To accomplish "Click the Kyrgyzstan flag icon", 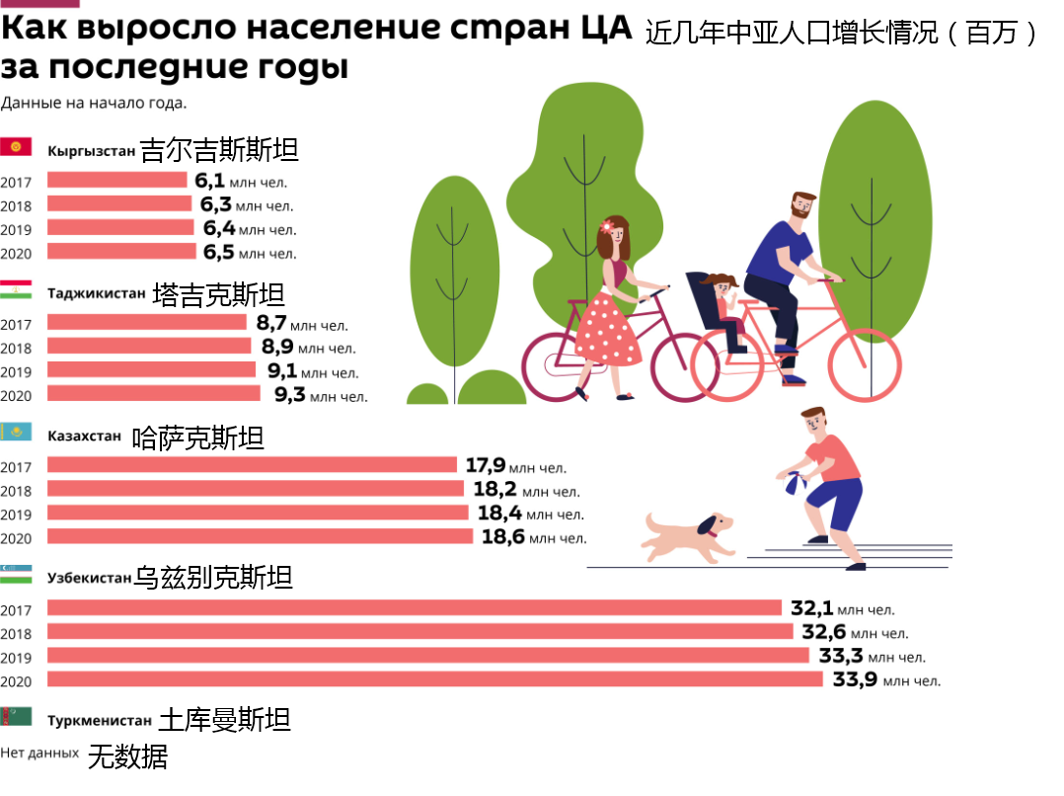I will point(16,147).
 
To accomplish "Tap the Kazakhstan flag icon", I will point(16,433).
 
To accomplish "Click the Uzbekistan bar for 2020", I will point(434,679).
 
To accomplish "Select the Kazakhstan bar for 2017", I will point(252,464).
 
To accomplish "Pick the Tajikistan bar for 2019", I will point(151,369).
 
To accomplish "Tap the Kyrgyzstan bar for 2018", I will point(119,203).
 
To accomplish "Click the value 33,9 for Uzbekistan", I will point(855,679).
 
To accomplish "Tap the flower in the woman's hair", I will point(606,226).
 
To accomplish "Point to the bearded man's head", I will point(800,207).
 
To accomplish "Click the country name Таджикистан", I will point(97,292).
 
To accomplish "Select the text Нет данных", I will point(39,753).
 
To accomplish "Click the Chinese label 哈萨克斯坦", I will point(197,438).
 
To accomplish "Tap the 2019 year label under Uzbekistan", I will point(16,658).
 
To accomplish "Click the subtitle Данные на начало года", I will point(94,103).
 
